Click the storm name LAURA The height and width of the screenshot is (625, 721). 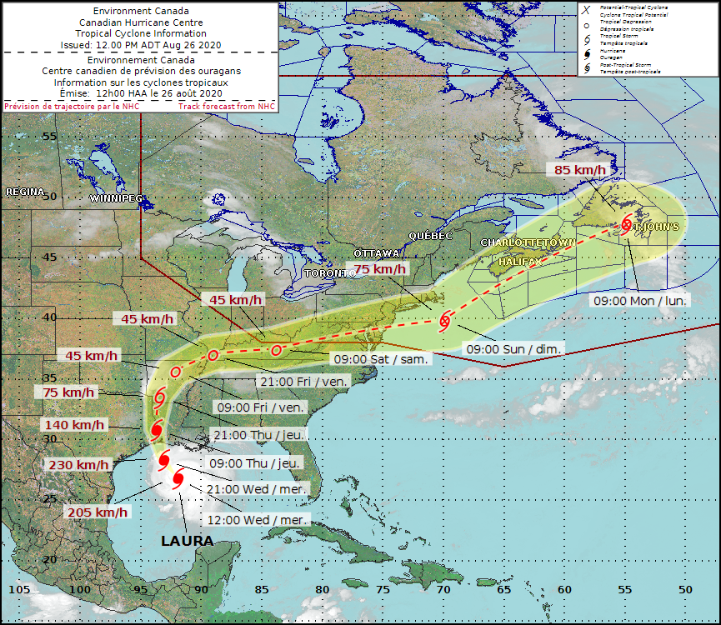click(187, 541)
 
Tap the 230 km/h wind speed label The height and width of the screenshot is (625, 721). click(78, 465)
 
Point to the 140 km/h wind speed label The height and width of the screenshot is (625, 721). click(73, 425)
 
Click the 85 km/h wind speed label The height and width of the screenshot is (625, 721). click(580, 170)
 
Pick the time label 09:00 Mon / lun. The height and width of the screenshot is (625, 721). click(639, 300)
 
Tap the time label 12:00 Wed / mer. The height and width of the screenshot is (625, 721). click(263, 518)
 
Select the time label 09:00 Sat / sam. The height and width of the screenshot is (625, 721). click(381, 359)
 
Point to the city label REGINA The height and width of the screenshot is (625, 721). click(25, 192)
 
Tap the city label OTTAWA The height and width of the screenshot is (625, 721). click(378, 252)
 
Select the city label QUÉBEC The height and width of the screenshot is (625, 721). click(429, 236)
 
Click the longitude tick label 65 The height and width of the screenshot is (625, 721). click(503, 590)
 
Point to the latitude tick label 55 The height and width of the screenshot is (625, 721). click(49, 136)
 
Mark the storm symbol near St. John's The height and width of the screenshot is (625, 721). click(626, 224)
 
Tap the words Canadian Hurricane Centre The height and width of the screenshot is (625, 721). click(139, 22)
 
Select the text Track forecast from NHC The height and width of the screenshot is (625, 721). click(226, 106)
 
